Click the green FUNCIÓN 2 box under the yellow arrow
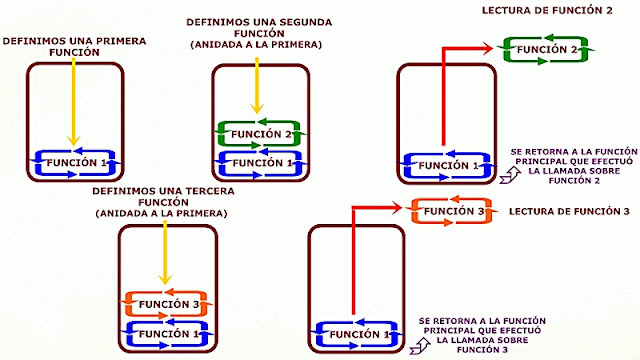pyautogui.click(x=258, y=134)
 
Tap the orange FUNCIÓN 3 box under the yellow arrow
pyautogui.click(x=163, y=303)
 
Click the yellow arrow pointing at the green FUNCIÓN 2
pyautogui.click(x=258, y=85)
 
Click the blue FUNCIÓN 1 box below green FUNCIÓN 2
pyautogui.click(x=258, y=163)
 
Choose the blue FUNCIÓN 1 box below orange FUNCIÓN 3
pyautogui.click(x=163, y=332)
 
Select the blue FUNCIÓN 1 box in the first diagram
pyautogui.click(x=74, y=163)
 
